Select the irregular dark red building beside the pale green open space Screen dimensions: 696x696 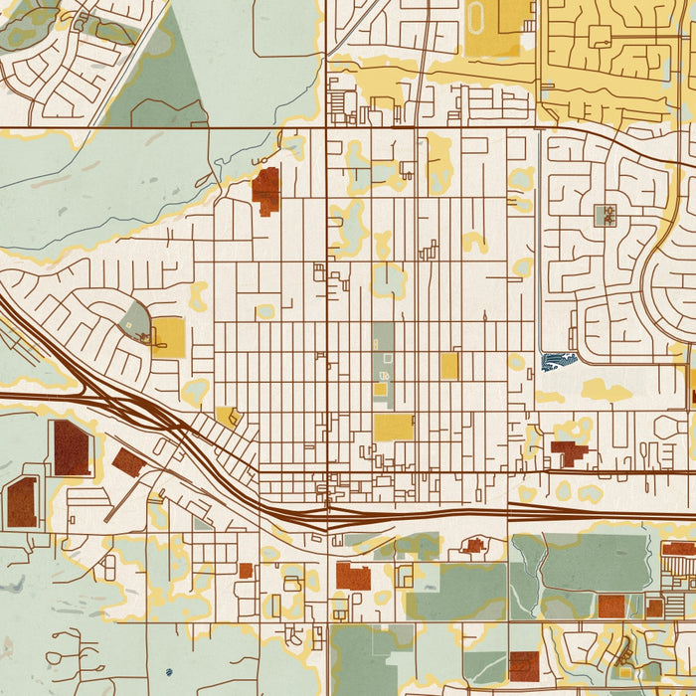(x=265, y=191)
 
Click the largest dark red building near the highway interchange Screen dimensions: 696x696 (x=72, y=447)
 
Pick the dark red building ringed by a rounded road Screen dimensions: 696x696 (x=22, y=501)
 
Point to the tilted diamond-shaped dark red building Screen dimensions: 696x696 (x=129, y=461)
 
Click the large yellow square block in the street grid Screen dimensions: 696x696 (x=394, y=428)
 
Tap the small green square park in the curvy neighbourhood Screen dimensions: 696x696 (x=605, y=215)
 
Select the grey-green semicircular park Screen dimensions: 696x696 (x=136, y=320)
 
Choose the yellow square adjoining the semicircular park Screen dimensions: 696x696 (x=168, y=338)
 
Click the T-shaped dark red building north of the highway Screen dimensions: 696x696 (x=568, y=454)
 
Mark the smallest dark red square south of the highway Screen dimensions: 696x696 (x=246, y=571)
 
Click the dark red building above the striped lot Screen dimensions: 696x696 (x=679, y=548)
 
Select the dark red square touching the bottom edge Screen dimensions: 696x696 (x=524, y=666)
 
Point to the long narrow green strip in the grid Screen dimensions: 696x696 (x=383, y=353)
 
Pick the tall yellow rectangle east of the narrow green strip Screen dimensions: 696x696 (x=449, y=365)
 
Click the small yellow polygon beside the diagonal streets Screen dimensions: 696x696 (x=227, y=416)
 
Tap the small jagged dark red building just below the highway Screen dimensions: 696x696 (x=474, y=545)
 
